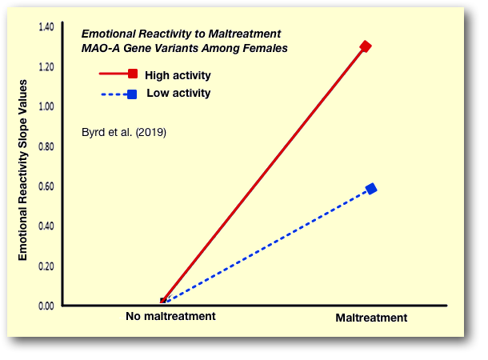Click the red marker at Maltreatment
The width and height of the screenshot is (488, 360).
tap(366, 46)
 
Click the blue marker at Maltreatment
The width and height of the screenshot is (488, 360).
tap(371, 189)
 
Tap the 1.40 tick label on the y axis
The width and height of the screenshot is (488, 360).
tap(46, 27)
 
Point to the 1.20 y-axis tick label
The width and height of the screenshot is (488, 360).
tap(46, 66)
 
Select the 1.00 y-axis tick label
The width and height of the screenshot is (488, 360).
tap(46, 106)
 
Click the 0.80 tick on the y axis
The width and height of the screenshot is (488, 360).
tap(46, 146)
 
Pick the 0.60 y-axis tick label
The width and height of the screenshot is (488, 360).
tap(46, 186)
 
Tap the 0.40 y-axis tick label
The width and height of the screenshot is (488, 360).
tap(46, 226)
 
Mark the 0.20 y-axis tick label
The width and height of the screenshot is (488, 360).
tap(46, 266)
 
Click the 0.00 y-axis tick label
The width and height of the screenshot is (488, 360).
tap(46, 306)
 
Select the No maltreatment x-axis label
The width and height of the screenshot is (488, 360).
tap(170, 317)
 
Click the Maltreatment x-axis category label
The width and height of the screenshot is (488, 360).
tap(371, 318)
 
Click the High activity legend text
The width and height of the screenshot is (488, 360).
tap(178, 76)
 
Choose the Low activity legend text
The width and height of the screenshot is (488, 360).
tap(178, 94)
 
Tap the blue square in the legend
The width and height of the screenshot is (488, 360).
tap(132, 94)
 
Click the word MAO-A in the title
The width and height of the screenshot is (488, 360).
tap(100, 49)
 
